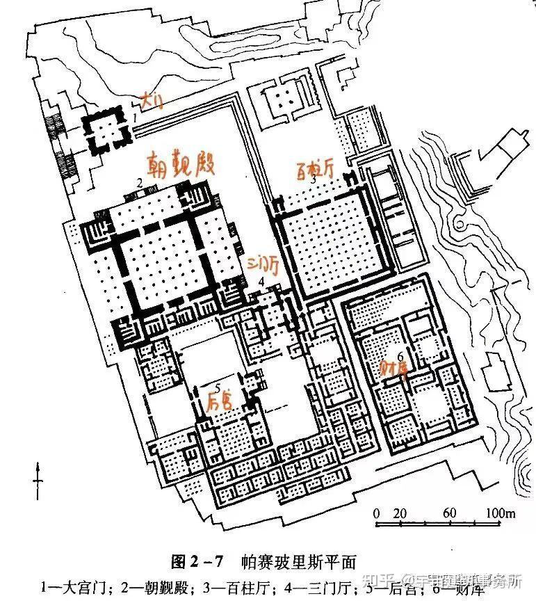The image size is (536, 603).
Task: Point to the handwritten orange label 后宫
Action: (221, 401)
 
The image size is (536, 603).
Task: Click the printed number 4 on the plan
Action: (261, 281)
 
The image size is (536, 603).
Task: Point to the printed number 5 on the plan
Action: (218, 387)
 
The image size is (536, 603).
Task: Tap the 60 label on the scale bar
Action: (449, 513)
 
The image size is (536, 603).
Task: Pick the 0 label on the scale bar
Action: (376, 513)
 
